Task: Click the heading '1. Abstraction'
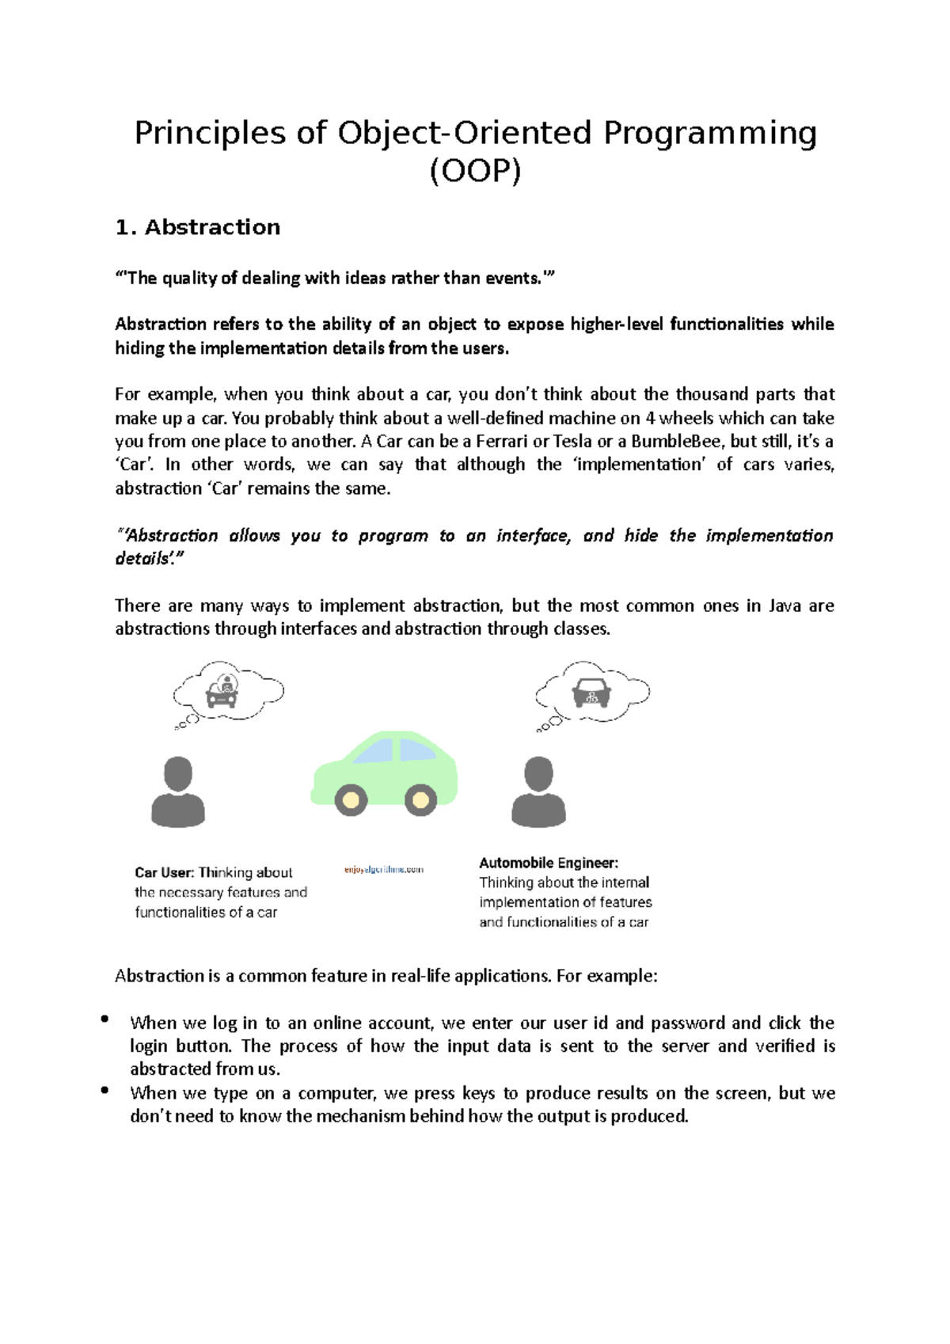point(197,227)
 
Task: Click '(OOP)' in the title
point(475,171)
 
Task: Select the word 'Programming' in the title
point(709,133)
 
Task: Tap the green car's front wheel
point(351,799)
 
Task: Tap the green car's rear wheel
point(420,799)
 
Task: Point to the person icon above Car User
point(178,792)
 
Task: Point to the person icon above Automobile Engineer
point(538,792)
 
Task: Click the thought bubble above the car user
point(228,691)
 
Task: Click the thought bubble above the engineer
point(592,692)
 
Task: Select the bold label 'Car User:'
point(164,872)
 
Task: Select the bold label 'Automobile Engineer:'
point(549,863)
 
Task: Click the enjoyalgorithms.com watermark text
point(384,869)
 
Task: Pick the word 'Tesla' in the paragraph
point(572,441)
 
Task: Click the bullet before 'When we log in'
point(104,1019)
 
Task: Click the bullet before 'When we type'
point(104,1090)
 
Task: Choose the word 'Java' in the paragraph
point(785,606)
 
